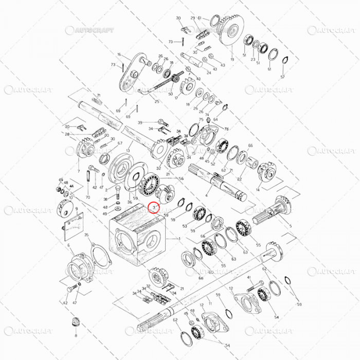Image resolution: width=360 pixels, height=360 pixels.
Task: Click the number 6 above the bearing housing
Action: (x=68, y=246)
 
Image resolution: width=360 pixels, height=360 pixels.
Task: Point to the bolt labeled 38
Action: (x=116, y=194)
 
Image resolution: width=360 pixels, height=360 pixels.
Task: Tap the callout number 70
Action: (x=87, y=197)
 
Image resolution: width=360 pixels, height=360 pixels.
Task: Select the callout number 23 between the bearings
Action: (x=253, y=60)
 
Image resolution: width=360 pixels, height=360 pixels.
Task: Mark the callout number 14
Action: (x=258, y=190)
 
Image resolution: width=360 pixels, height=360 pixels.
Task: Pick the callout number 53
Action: (x=185, y=226)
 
